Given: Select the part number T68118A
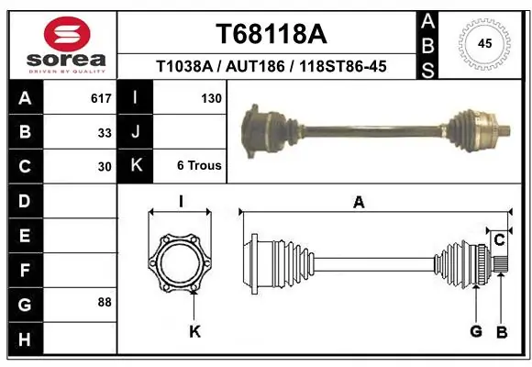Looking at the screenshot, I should pyautogui.click(x=270, y=34).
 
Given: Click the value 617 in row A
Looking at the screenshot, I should pyautogui.click(x=101, y=98).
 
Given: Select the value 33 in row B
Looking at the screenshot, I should pyautogui.click(x=105, y=132).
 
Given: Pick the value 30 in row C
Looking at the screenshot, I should pyautogui.click(x=105, y=166).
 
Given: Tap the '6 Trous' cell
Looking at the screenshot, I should pyautogui.click(x=198, y=166).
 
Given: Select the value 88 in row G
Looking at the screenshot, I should pyautogui.click(x=105, y=302).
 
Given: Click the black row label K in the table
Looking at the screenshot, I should pyautogui.click(x=136, y=166).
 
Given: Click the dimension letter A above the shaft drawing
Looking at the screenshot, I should pyautogui.click(x=359, y=204).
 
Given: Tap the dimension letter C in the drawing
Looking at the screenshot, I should pyautogui.click(x=499, y=239).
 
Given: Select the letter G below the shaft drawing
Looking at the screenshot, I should pyautogui.click(x=476, y=331).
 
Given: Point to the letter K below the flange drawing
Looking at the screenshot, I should pyautogui.click(x=194, y=331).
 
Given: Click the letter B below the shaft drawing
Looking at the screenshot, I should pyautogui.click(x=501, y=331).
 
